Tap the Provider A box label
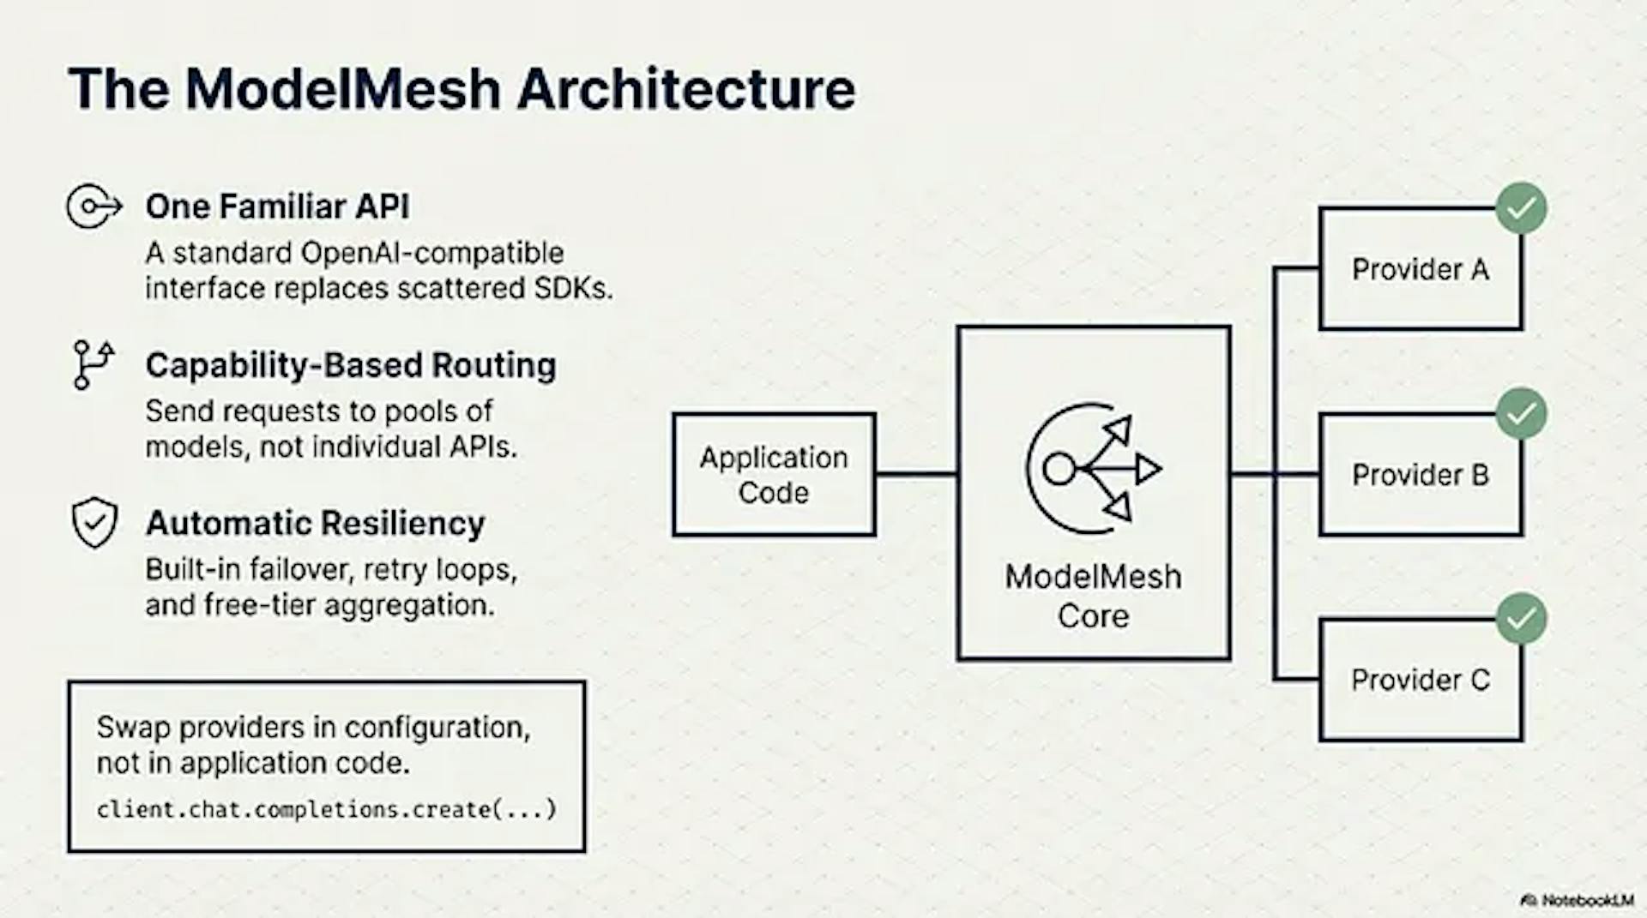(1420, 269)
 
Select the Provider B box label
(1420, 475)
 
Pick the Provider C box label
(1420, 680)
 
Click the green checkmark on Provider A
(1521, 208)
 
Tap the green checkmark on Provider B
(1521, 414)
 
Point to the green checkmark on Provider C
(1521, 619)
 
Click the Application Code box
(773, 475)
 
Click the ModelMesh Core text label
(1093, 596)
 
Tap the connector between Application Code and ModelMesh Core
(916, 473)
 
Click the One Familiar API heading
(277, 207)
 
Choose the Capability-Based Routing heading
(350, 365)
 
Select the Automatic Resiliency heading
(315, 523)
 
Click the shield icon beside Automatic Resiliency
(94, 522)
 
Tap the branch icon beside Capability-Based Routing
(93, 364)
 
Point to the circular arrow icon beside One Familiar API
(93, 207)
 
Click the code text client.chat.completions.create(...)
(326, 809)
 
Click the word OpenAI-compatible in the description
(431, 253)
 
